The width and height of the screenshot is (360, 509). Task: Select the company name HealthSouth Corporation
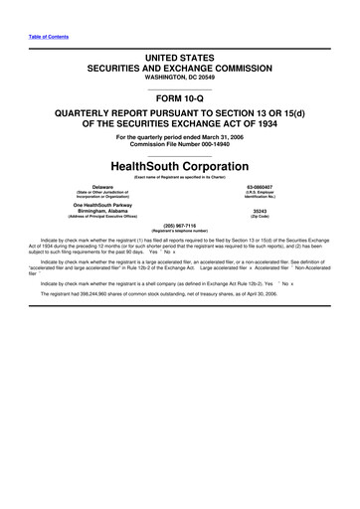point(180,166)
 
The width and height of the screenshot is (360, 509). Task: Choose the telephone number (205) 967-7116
point(179,225)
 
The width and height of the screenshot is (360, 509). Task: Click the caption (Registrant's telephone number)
point(179,231)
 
